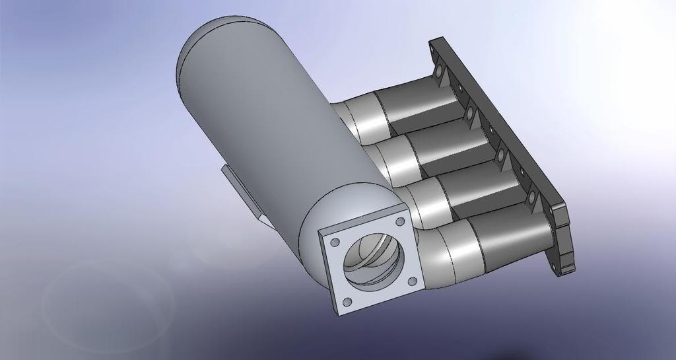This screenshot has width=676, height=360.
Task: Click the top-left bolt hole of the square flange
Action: [x=335, y=242]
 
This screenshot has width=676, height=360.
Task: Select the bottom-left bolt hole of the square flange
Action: [x=347, y=302]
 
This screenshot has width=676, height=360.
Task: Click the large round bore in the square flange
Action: [x=371, y=261]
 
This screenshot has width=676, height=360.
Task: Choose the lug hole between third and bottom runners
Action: [x=532, y=198]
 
